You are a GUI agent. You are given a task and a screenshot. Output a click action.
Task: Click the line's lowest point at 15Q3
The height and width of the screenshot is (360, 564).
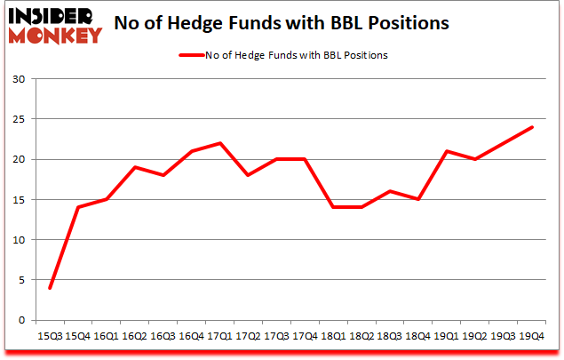(x=50, y=288)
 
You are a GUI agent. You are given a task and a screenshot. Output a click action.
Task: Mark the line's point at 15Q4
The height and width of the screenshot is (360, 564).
(x=78, y=207)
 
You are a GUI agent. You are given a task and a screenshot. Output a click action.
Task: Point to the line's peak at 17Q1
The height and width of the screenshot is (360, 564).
(x=220, y=143)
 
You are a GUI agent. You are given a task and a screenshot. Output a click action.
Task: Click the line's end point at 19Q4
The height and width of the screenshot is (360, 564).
(x=532, y=127)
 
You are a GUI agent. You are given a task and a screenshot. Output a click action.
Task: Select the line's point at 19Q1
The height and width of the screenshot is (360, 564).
(x=447, y=151)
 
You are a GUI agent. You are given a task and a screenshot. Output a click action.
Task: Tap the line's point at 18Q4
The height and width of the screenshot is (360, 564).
(x=418, y=199)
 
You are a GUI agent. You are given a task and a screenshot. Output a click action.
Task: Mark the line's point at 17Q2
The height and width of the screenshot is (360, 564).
(x=249, y=175)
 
